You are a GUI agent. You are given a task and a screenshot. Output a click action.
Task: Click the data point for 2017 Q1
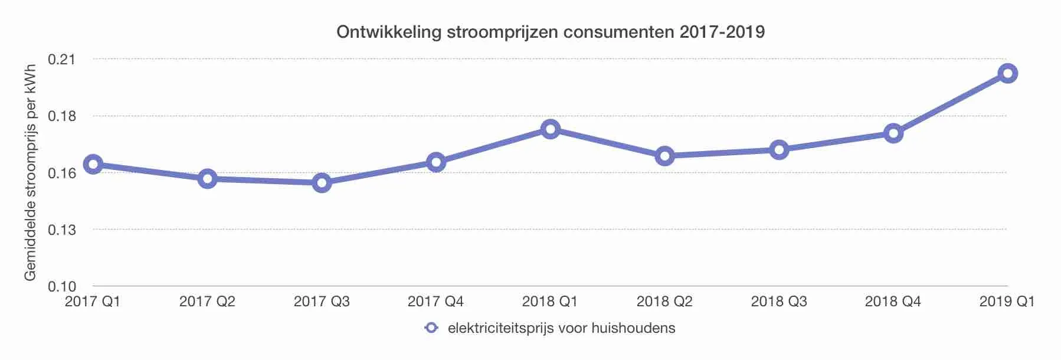[x=93, y=165]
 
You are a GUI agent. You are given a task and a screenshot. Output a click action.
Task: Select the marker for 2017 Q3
[x=322, y=183]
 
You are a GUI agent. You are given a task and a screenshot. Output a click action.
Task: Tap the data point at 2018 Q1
[x=551, y=129]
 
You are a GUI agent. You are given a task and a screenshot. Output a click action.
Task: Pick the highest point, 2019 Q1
[x=1007, y=74]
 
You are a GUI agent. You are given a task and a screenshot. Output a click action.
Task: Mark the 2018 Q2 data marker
[x=664, y=156]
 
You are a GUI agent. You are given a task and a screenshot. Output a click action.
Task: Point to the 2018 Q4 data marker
[x=893, y=133]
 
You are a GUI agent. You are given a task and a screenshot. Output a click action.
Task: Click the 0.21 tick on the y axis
[x=62, y=59]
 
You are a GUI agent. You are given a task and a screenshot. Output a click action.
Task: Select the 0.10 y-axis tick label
[x=62, y=287]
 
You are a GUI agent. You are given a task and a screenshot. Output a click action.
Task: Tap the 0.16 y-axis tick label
[x=62, y=173]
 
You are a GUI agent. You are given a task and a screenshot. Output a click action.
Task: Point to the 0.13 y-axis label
[x=62, y=230]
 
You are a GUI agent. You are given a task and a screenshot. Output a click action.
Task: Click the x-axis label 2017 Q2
[x=207, y=302]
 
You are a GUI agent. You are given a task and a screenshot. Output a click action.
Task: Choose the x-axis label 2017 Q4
[x=435, y=302]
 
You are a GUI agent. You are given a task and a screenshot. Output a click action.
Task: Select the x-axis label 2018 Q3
[x=779, y=302]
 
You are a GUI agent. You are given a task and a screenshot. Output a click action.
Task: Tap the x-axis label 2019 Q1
[x=1007, y=302]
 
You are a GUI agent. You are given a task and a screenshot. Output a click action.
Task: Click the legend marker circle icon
[x=431, y=328]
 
